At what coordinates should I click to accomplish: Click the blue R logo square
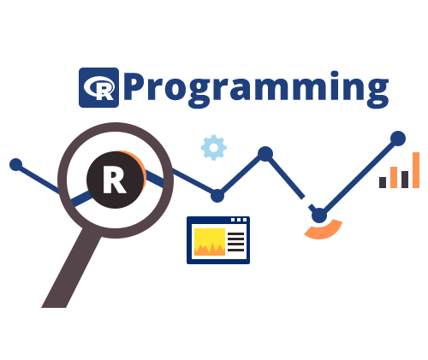(98, 87)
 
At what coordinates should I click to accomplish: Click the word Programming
(256, 89)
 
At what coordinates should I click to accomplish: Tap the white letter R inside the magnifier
(115, 180)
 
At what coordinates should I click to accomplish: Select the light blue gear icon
(214, 147)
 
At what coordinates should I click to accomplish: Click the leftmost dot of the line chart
(16, 164)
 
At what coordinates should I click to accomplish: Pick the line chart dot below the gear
(217, 196)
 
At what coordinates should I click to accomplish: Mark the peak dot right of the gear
(265, 154)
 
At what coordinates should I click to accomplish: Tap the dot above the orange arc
(319, 215)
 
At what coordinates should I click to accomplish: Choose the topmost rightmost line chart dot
(398, 139)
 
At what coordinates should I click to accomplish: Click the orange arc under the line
(324, 232)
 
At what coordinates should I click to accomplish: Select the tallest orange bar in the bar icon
(416, 170)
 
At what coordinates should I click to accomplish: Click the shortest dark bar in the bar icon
(383, 182)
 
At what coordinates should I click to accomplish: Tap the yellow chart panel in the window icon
(210, 242)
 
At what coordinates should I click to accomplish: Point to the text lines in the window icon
(236, 242)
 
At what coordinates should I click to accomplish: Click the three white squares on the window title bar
(239, 220)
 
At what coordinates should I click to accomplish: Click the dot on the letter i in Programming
(335, 74)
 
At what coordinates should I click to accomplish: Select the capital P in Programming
(135, 86)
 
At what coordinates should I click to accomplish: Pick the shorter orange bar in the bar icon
(394, 177)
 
